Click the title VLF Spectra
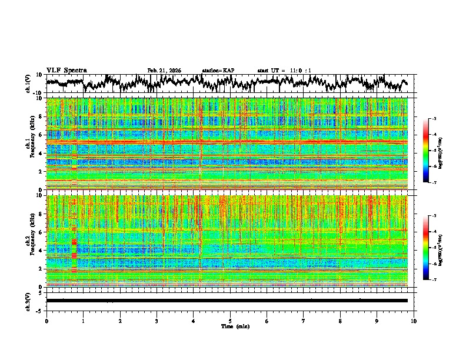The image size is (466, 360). coord(66,71)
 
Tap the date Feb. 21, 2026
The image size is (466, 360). coord(164,71)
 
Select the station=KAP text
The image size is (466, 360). coord(218,71)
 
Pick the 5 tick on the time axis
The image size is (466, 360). coord(230,321)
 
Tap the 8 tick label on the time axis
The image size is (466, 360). coord(341,321)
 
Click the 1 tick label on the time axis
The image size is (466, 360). coord(83,321)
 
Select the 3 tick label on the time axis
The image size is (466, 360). coord(157,321)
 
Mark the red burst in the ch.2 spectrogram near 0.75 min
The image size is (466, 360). coord(74,250)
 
